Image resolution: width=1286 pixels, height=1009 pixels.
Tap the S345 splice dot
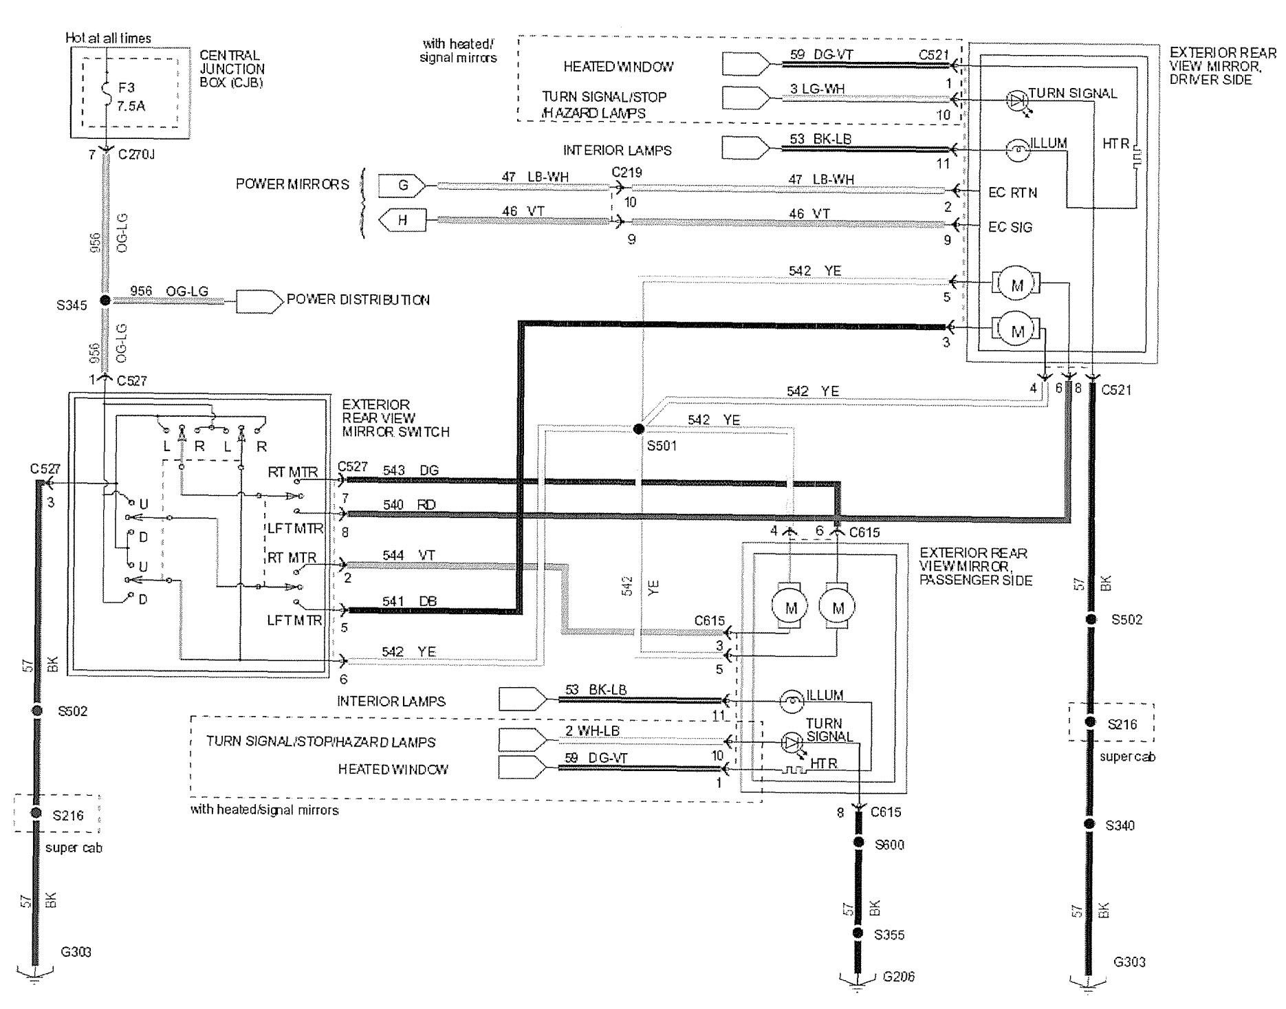[x=105, y=301]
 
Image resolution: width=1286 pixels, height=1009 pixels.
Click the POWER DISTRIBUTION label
[x=358, y=300]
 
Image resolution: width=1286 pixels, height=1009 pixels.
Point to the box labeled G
[x=403, y=185]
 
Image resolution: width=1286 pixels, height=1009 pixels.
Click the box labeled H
[x=403, y=221]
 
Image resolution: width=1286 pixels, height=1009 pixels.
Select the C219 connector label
[x=626, y=173]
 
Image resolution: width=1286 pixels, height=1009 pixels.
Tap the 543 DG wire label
[x=411, y=470]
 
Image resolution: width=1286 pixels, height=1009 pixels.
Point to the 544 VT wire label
[x=409, y=555]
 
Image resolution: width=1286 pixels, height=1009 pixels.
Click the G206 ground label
[x=898, y=977]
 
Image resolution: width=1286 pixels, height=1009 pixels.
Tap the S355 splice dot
[x=858, y=933]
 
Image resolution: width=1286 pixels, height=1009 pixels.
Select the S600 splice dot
[x=858, y=843]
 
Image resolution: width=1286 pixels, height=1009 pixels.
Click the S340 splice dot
[x=1090, y=824]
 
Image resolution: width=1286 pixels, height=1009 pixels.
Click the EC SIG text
[x=1010, y=228]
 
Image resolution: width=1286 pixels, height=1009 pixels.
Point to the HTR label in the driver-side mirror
[x=1115, y=143]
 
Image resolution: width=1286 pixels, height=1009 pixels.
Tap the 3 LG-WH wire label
[x=817, y=88]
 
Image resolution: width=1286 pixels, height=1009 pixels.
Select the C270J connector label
[x=137, y=155]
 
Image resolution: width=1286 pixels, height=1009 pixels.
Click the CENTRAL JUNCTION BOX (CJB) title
[x=232, y=69]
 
